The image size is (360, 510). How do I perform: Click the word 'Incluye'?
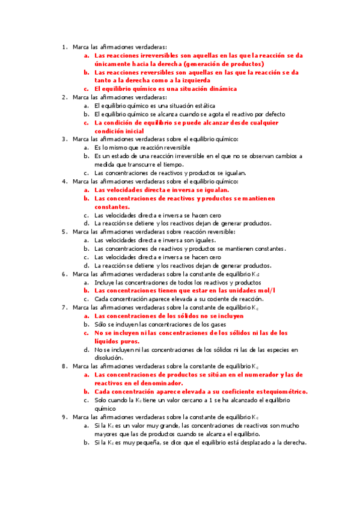pyautogui.click(x=106, y=281)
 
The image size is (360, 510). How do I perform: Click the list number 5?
pyautogui.click(x=64, y=232)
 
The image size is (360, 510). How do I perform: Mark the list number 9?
pyautogui.click(x=64, y=416)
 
